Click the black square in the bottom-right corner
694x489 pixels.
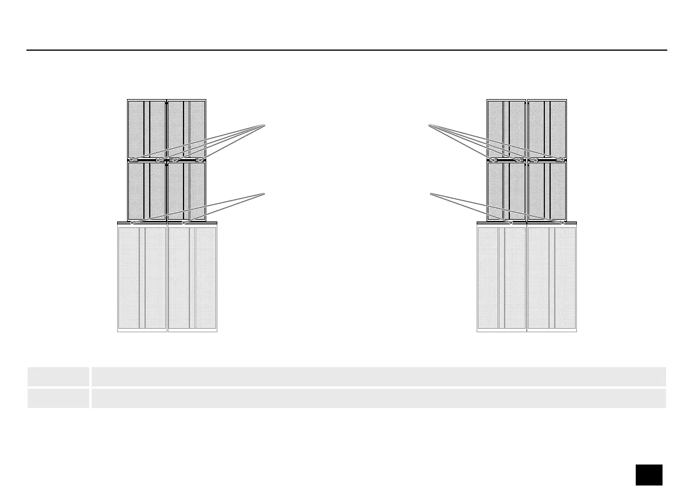coord(649,474)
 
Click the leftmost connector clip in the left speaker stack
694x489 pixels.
coord(133,160)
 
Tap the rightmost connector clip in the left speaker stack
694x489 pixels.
coord(200,160)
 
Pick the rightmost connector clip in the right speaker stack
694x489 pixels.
coord(559,160)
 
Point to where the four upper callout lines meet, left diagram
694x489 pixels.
coord(265,125)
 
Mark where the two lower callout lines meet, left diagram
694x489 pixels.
coord(265,193)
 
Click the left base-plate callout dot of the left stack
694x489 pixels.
coord(133,222)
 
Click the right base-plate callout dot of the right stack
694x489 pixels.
coord(562,222)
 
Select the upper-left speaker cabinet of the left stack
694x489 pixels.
coord(147,128)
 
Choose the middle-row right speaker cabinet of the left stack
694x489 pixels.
coord(186,191)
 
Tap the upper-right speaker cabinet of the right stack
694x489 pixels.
coord(547,128)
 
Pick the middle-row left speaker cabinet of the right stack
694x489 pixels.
coord(506,191)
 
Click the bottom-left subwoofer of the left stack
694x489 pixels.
coord(142,279)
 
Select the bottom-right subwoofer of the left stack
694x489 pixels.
coord(192,279)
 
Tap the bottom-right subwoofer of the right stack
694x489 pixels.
coord(552,279)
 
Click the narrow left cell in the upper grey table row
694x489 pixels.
coord(58,377)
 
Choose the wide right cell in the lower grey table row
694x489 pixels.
coord(378,398)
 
